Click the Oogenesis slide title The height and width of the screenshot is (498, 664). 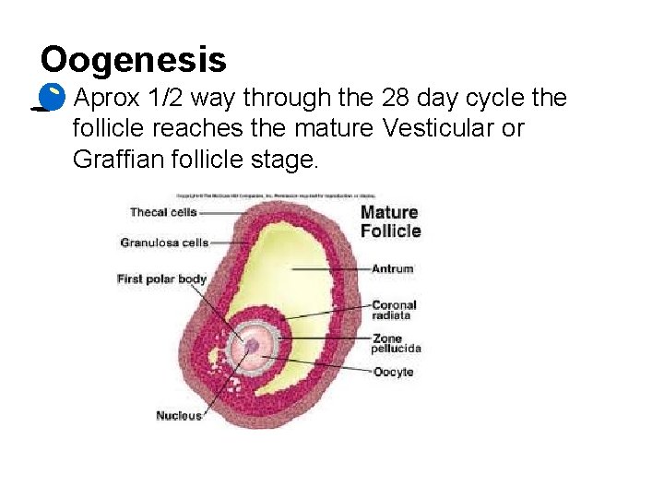[x=134, y=60]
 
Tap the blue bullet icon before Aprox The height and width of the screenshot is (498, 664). [x=53, y=95]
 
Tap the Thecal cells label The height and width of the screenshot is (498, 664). [x=163, y=212]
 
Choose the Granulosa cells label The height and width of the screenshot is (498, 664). [x=164, y=243]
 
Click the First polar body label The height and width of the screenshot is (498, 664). [x=161, y=279]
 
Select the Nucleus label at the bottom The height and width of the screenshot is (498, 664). [x=179, y=415]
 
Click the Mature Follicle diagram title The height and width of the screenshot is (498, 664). [x=390, y=221]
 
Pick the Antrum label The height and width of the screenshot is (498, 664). [x=392, y=269]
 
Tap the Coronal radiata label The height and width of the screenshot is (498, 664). [x=394, y=310]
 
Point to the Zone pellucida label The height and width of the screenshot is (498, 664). [x=397, y=344]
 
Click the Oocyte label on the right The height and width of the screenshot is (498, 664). [x=393, y=372]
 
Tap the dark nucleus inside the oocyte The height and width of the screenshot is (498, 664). [x=252, y=346]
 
